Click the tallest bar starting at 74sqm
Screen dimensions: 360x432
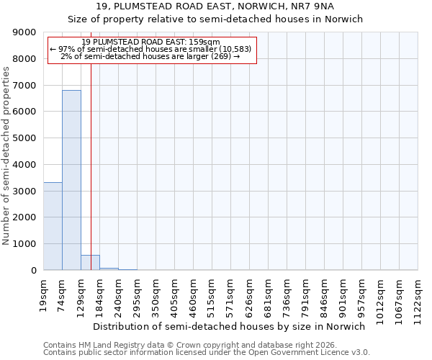[71, 180]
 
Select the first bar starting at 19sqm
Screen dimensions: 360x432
[53, 226]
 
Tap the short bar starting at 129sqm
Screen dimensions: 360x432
[90, 263]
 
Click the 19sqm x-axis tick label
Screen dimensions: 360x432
[44, 291]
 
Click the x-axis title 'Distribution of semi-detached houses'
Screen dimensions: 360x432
[229, 326]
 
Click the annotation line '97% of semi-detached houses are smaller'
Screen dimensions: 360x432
[152, 49]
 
